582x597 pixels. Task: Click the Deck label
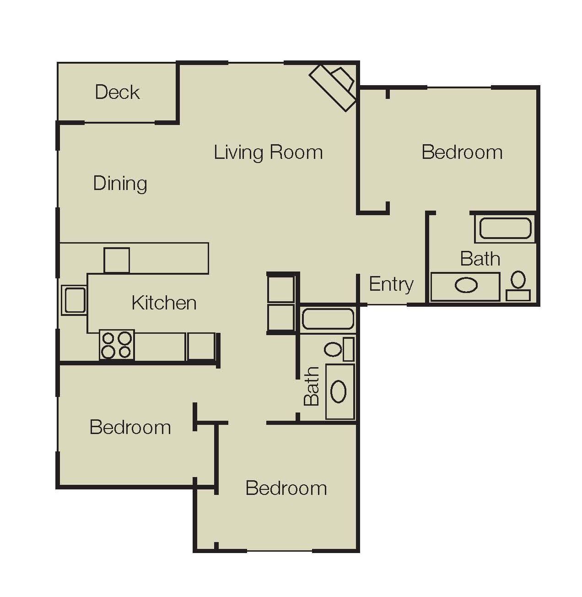click(118, 92)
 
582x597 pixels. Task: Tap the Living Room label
click(268, 152)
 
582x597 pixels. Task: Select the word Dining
click(120, 184)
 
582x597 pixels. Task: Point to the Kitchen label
click(164, 303)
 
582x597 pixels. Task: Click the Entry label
click(391, 284)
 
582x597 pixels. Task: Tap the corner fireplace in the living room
click(334, 88)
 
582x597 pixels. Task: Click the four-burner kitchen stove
click(117, 345)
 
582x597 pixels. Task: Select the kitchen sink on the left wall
click(74, 300)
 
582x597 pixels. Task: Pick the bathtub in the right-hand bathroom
click(505, 228)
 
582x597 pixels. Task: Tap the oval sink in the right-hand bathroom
click(466, 285)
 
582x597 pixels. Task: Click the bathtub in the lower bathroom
click(328, 319)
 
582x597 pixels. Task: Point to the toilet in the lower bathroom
click(339, 349)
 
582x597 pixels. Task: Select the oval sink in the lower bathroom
click(339, 391)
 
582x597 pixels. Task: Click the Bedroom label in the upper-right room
click(462, 152)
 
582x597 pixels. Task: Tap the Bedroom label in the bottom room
click(286, 488)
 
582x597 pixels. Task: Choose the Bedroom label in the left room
click(130, 427)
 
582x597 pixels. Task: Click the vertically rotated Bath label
click(312, 386)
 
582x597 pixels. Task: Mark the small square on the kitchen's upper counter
click(117, 260)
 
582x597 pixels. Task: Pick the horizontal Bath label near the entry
click(480, 259)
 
